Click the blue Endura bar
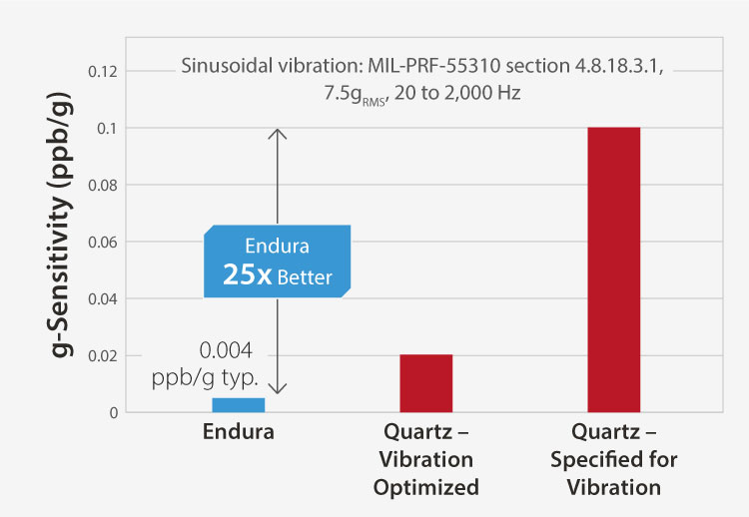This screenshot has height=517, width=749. click(238, 404)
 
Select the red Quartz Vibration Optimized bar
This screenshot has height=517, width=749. click(425, 383)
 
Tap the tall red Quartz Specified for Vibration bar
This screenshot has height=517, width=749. click(613, 269)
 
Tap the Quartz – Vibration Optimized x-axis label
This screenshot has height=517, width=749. click(426, 461)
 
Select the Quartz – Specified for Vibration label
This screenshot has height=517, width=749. click(612, 461)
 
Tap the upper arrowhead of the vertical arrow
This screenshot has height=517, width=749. click(279, 133)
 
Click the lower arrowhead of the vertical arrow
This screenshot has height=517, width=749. click(279, 390)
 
